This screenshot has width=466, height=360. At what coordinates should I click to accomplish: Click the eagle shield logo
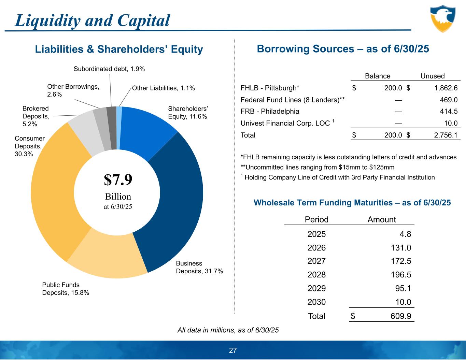pyautogui.click(x=442, y=18)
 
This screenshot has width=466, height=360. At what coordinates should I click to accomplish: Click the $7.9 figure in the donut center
pyautogui.click(x=118, y=180)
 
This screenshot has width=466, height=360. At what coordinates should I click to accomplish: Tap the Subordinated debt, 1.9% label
pyautogui.click(x=109, y=69)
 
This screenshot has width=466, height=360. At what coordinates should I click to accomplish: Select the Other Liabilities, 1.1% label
pyautogui.click(x=163, y=88)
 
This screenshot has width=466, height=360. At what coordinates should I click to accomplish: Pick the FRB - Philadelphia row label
pyautogui.click(x=270, y=111)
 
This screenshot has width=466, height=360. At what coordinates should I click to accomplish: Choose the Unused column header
pyautogui.click(x=433, y=76)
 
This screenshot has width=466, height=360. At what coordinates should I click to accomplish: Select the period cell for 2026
pyautogui.click(x=316, y=248)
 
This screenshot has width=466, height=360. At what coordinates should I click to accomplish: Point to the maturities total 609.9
pyautogui.click(x=401, y=316)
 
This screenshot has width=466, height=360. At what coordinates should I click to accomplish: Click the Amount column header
pyautogui.click(x=382, y=219)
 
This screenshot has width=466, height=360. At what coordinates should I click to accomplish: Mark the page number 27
pyautogui.click(x=233, y=350)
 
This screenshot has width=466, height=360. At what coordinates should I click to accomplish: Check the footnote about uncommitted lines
pyautogui.click(x=317, y=167)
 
